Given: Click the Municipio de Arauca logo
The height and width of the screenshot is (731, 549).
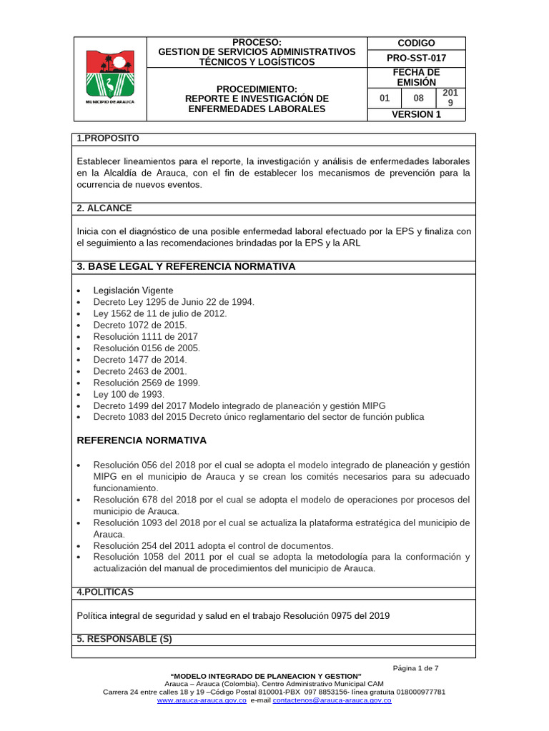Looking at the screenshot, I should (x=110, y=76).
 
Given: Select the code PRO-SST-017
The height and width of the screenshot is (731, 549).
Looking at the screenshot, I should (x=415, y=56).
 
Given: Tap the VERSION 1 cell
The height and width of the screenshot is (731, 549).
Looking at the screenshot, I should (x=415, y=114).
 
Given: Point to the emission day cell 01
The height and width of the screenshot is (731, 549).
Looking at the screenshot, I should (x=385, y=98).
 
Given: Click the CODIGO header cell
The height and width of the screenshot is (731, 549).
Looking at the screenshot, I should (x=415, y=43).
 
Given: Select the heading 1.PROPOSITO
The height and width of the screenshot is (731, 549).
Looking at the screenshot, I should (x=108, y=138).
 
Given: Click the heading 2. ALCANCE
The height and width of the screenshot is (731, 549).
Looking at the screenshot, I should (x=104, y=208).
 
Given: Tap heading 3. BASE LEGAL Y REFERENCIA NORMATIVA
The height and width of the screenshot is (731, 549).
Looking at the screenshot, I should (x=186, y=267).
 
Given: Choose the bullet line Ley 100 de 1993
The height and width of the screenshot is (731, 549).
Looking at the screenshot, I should (x=129, y=394).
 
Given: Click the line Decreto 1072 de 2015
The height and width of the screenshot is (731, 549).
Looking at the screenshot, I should (x=139, y=325).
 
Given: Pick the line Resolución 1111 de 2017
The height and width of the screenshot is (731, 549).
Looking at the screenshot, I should (x=145, y=336).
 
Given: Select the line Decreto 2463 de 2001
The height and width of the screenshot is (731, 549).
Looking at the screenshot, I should (x=139, y=371).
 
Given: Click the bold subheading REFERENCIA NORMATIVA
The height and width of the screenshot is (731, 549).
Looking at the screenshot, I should (x=142, y=440).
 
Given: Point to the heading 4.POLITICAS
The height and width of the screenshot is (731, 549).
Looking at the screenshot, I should (x=105, y=593).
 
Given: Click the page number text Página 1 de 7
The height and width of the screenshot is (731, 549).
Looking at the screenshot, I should (x=415, y=668).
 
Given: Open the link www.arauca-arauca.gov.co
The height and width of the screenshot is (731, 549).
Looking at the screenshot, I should (x=197, y=701).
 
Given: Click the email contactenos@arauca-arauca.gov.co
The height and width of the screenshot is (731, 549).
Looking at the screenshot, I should (x=332, y=701).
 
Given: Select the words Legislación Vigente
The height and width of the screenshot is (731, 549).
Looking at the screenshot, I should (x=133, y=291).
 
